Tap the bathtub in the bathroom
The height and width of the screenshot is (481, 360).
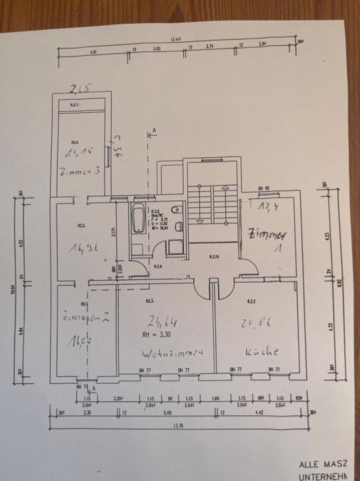(138, 218)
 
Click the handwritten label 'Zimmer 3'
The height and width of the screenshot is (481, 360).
(82, 170)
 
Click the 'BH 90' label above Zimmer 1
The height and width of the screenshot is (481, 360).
(261, 188)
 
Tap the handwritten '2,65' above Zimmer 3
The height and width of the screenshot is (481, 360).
(81, 89)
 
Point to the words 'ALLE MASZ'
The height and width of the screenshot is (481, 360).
(328, 465)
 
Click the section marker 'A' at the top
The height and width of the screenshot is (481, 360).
(154, 130)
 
